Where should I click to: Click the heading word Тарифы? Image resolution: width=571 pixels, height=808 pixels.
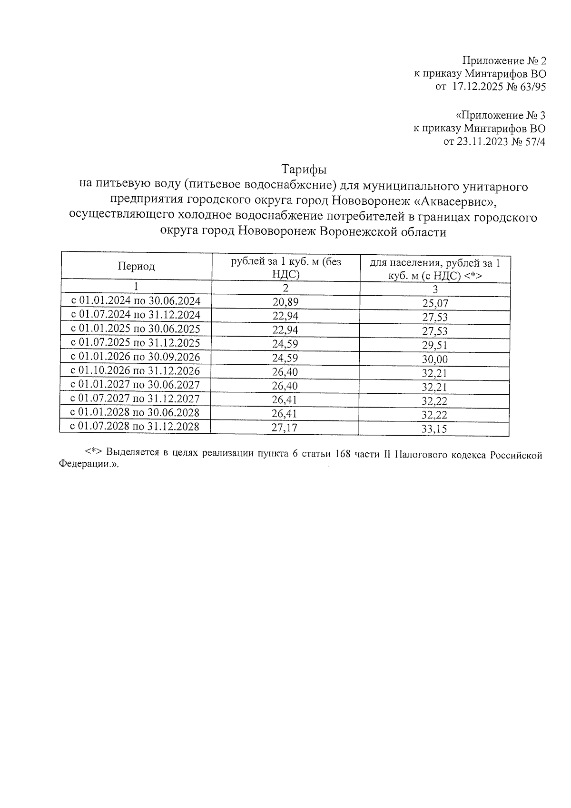(x=304, y=170)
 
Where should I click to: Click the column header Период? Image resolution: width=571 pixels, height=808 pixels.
(x=137, y=266)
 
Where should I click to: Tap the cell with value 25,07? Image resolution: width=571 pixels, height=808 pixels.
(x=435, y=303)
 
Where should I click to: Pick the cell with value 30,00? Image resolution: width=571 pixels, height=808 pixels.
(x=435, y=359)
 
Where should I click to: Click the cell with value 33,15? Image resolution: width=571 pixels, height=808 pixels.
(x=434, y=429)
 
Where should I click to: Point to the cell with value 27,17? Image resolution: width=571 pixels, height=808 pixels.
(x=285, y=428)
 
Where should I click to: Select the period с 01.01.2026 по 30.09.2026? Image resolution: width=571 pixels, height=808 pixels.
(x=136, y=357)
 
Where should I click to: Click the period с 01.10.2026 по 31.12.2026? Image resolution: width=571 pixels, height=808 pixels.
(x=135, y=371)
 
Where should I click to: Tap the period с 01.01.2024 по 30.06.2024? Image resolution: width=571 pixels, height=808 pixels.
(x=136, y=301)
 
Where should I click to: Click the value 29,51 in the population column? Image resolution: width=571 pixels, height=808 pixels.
(x=435, y=345)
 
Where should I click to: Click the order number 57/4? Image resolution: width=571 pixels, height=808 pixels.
(x=534, y=141)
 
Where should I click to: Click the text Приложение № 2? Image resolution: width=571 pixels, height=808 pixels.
(x=504, y=61)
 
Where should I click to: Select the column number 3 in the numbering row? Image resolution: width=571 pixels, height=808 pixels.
(x=435, y=289)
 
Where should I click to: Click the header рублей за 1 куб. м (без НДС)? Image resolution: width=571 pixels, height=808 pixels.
(x=285, y=268)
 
